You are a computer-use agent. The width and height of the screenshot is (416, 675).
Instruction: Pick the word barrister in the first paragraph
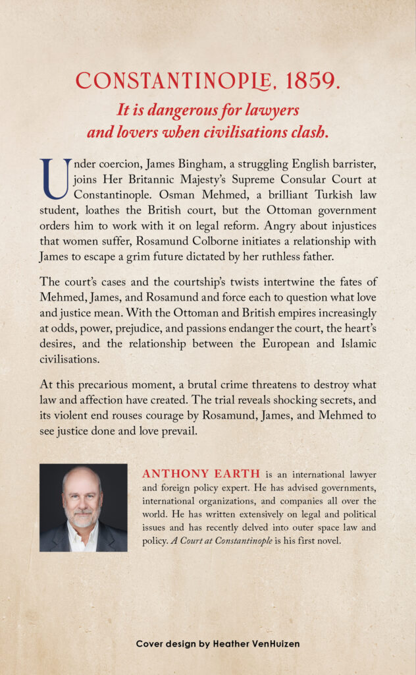[x=353, y=163]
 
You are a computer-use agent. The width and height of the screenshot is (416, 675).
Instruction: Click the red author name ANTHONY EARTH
[x=201, y=474]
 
